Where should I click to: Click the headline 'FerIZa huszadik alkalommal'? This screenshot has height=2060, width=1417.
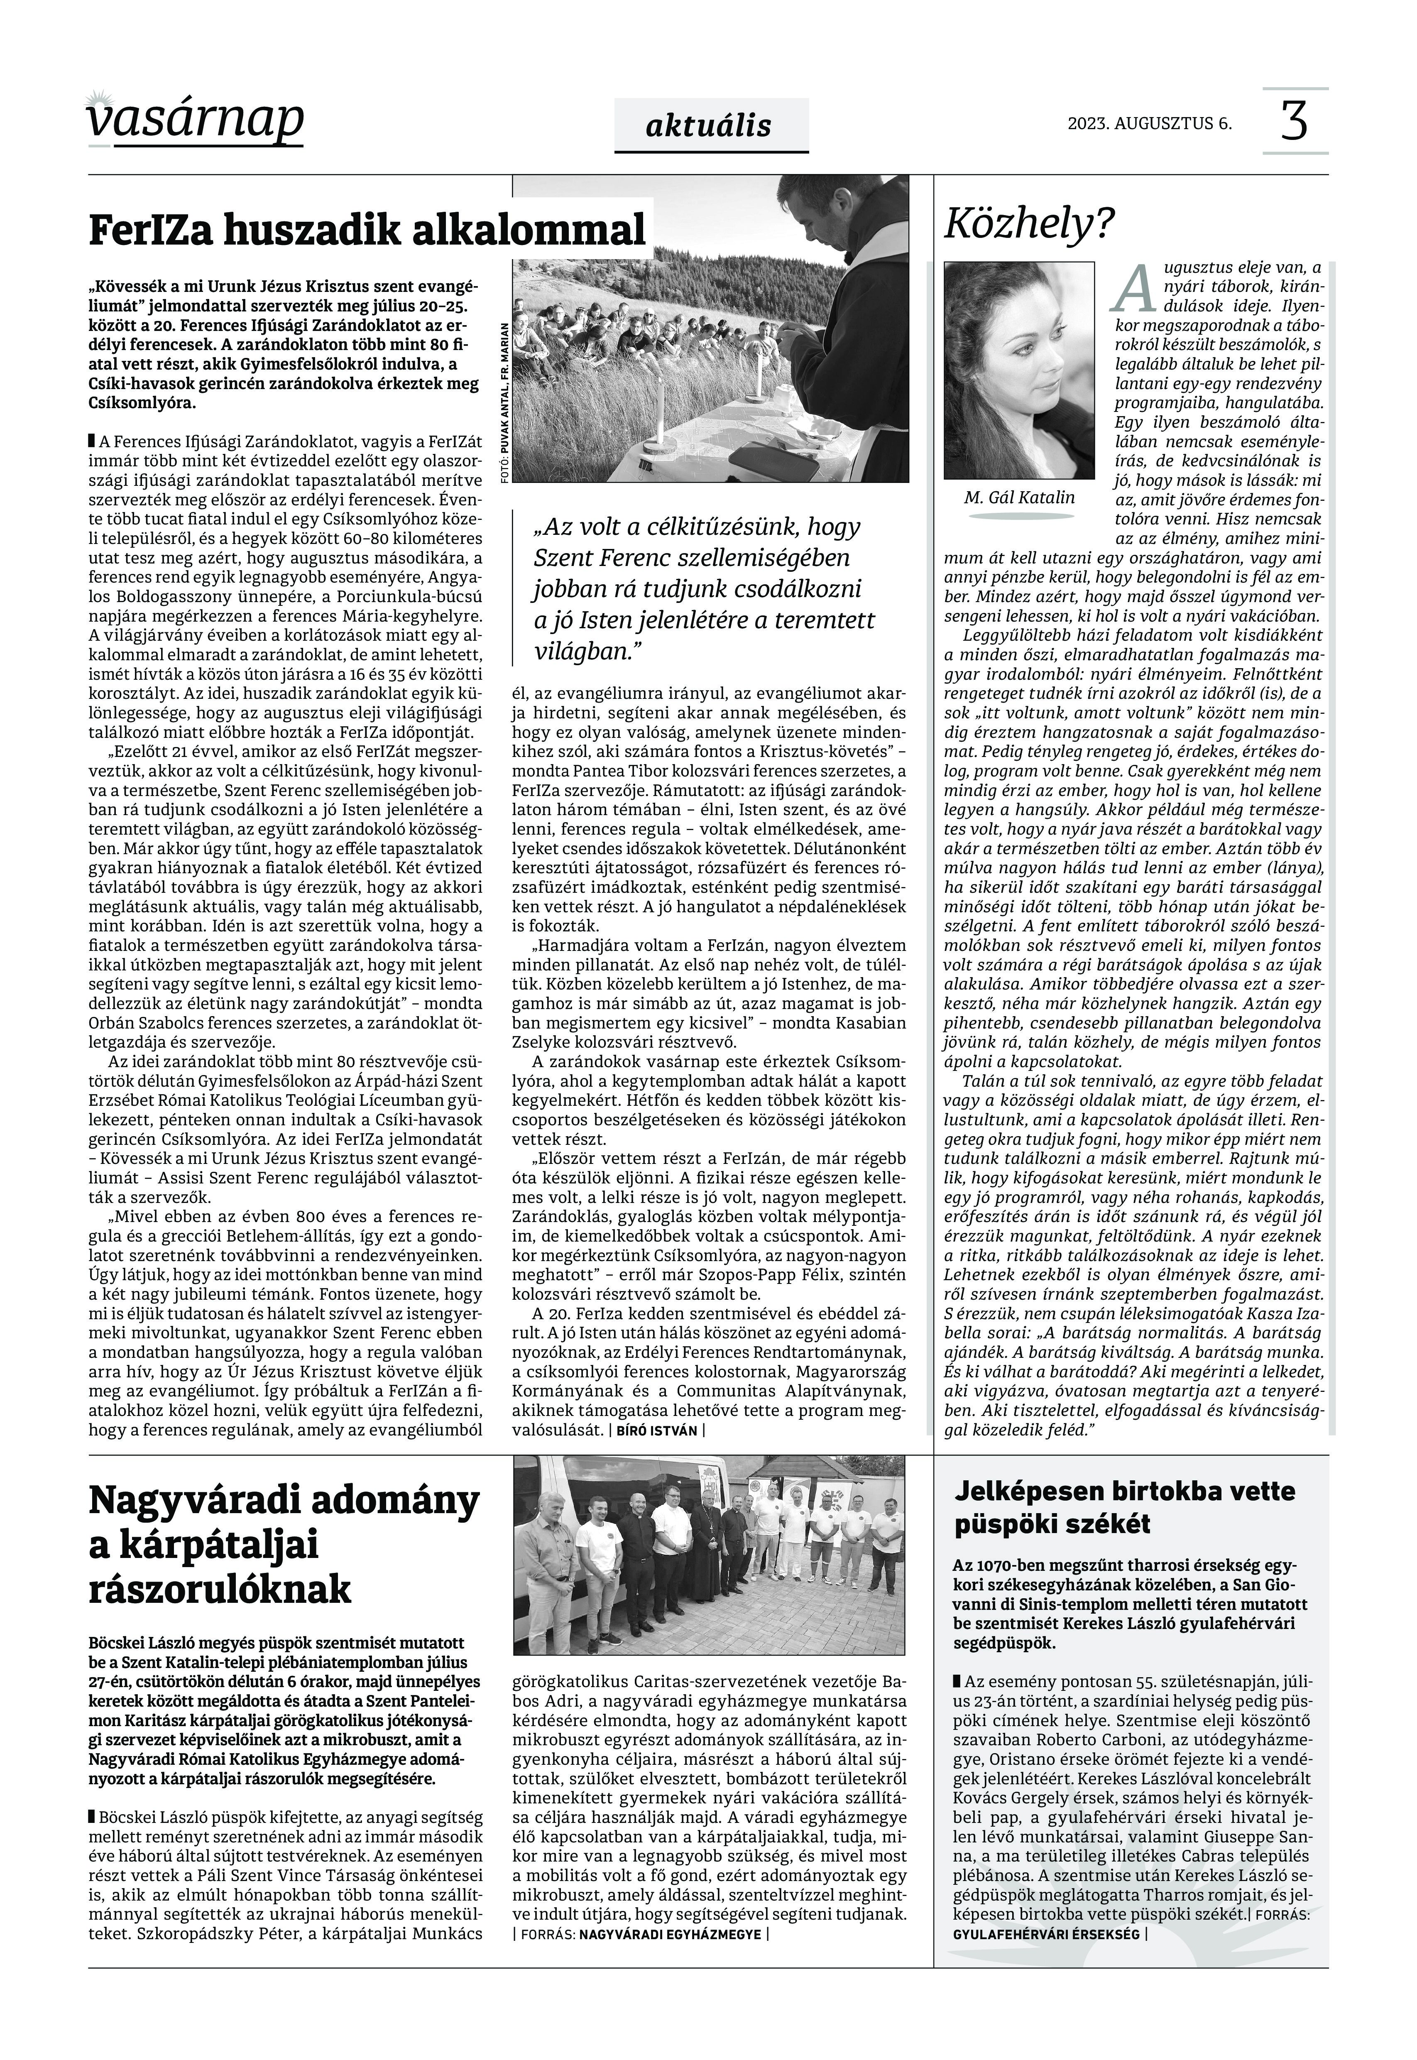[367, 230]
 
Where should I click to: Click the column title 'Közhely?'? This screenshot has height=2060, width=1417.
[1028, 225]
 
